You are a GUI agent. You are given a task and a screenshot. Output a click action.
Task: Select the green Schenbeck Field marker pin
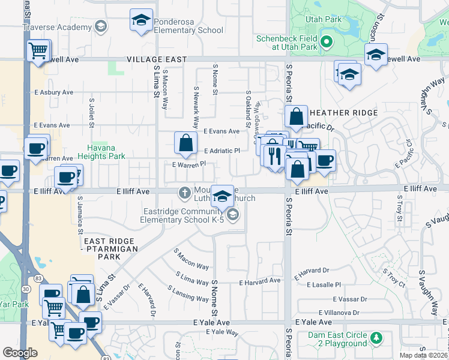[x=326, y=42]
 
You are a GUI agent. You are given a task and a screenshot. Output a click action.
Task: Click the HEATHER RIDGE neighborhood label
[x=344, y=113]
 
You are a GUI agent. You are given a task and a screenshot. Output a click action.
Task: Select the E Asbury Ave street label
[x=53, y=92]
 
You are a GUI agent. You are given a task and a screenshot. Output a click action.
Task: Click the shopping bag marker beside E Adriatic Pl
[x=185, y=143]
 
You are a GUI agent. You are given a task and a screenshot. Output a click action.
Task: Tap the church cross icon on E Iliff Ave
[x=185, y=193]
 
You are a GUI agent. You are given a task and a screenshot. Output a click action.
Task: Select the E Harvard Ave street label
[x=259, y=281]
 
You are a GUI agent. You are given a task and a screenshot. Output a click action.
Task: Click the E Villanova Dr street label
[x=338, y=313]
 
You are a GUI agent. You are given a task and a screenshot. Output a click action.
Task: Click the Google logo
[x=20, y=353]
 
